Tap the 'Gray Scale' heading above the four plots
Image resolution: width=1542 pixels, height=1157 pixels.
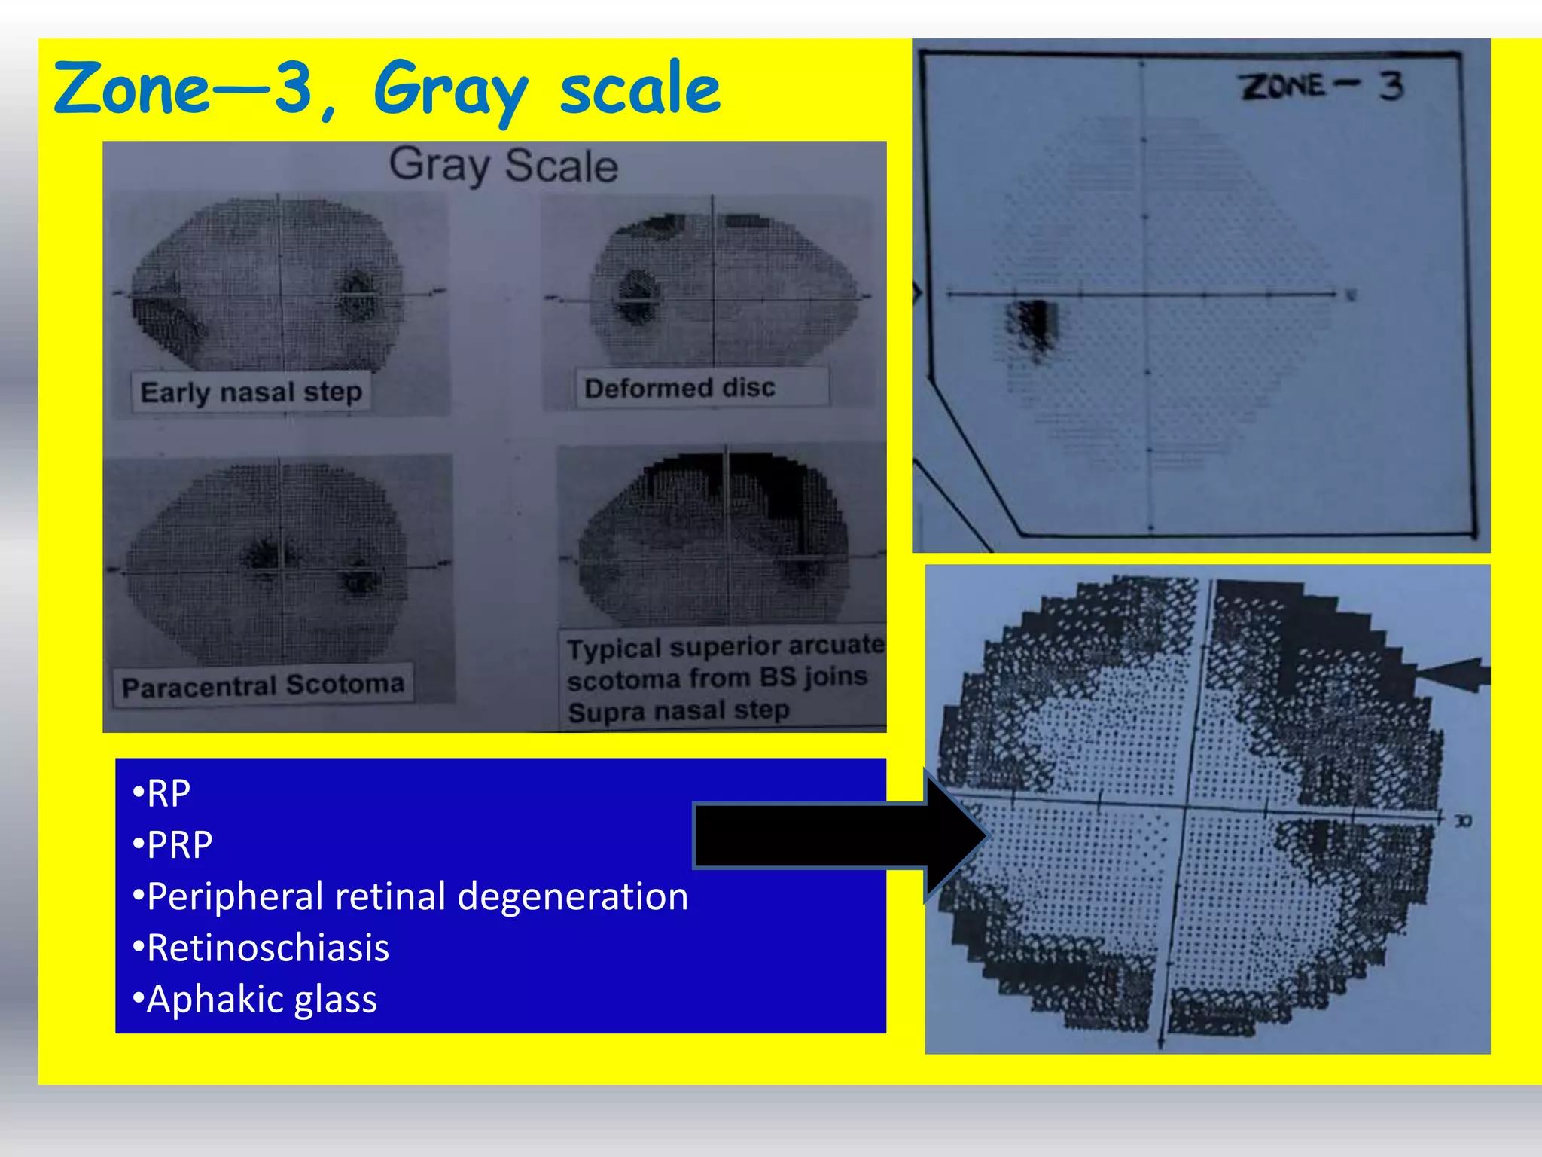point(503,166)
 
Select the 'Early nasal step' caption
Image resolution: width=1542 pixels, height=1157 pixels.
point(251,392)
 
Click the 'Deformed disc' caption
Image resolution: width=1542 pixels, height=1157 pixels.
point(679,388)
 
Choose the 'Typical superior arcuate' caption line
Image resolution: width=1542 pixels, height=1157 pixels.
point(725,646)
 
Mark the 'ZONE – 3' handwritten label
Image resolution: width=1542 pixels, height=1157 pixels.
point(1321,87)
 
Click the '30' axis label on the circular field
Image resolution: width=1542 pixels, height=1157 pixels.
point(1462,820)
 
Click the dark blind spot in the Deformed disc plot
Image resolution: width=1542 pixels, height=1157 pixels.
point(638,296)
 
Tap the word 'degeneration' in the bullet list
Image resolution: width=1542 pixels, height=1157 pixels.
point(572,896)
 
